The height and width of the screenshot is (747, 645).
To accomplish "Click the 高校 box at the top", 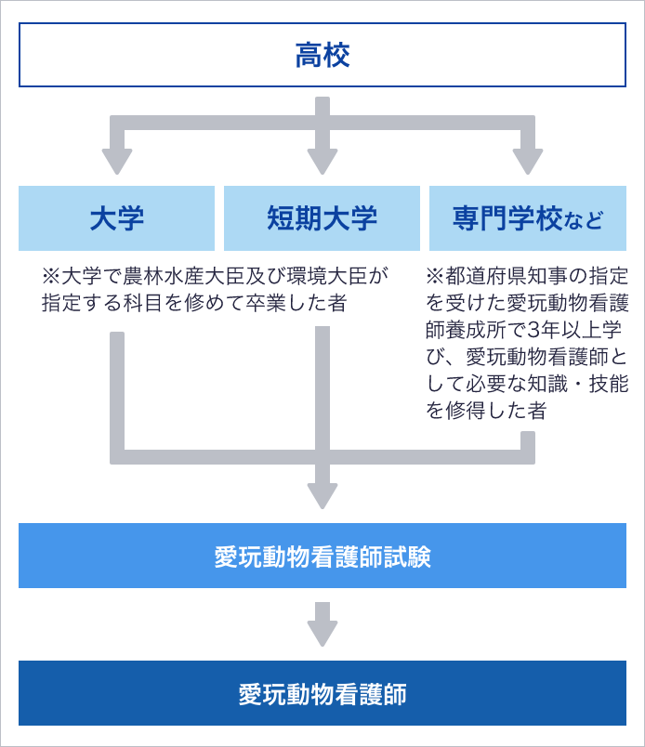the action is coord(322,55).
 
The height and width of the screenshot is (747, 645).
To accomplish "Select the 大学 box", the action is coord(117,218).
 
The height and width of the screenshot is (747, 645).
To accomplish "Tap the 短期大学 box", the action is coord(322,218).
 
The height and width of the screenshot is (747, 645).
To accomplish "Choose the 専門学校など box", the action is coord(528,218).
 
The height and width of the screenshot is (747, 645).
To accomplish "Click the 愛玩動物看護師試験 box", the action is coord(322,556).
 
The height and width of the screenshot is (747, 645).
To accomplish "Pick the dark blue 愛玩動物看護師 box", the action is coord(322,693).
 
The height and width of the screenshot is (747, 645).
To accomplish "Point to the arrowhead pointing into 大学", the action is coord(117,162).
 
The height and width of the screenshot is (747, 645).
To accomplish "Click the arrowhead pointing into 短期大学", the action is coord(322,162).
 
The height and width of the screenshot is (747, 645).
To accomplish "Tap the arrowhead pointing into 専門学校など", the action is coord(528,162).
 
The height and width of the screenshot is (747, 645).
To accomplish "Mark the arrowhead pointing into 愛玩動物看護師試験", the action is coord(322,496).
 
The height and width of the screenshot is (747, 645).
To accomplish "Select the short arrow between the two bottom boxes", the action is coord(322,624).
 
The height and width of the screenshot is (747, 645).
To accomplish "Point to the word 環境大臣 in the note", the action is coord(327,276).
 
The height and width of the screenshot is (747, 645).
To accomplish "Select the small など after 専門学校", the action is coord(584,220).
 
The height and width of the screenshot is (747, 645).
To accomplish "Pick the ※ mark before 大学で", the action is coord(51,276).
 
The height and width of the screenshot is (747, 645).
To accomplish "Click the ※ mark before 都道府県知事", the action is coord(435,276).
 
